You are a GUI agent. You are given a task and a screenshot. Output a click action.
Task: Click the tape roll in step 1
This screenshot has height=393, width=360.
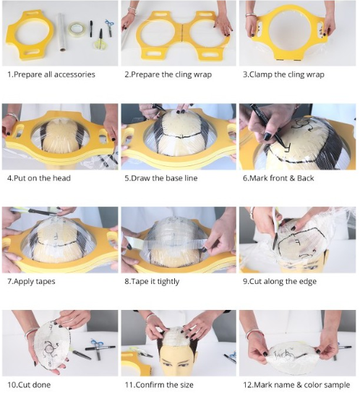click(77, 30)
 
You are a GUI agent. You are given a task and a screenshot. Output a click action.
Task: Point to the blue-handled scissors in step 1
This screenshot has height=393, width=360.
click(110, 27)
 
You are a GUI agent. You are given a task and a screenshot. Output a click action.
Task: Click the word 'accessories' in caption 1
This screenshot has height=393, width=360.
click(74, 74)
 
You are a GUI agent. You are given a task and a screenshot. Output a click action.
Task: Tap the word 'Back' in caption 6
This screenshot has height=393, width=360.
click(306, 178)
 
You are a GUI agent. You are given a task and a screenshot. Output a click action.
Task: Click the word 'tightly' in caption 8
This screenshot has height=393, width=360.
click(168, 281)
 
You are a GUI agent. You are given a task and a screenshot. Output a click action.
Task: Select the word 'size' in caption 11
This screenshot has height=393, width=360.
click(186, 385)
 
